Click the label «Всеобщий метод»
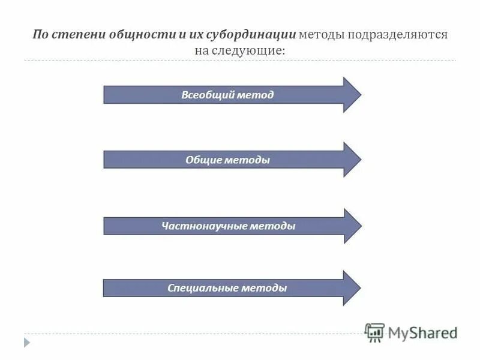click(x=227, y=95)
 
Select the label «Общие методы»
click(x=227, y=160)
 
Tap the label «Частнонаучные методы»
click(x=228, y=226)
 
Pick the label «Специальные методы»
click(x=227, y=288)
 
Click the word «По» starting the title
click(x=40, y=34)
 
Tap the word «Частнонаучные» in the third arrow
click(x=198, y=226)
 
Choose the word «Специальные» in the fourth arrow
click(x=202, y=288)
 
